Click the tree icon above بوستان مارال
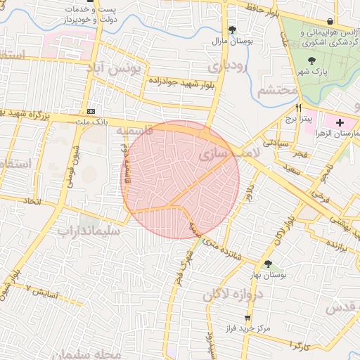click(x=232, y=30)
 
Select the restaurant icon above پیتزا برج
click(x=299, y=108)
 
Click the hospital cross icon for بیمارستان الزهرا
click(x=340, y=122)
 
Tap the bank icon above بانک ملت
click(x=91, y=112)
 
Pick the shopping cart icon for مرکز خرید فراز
click(x=247, y=318)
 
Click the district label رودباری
click(x=228, y=66)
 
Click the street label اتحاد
click(x=32, y=202)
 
